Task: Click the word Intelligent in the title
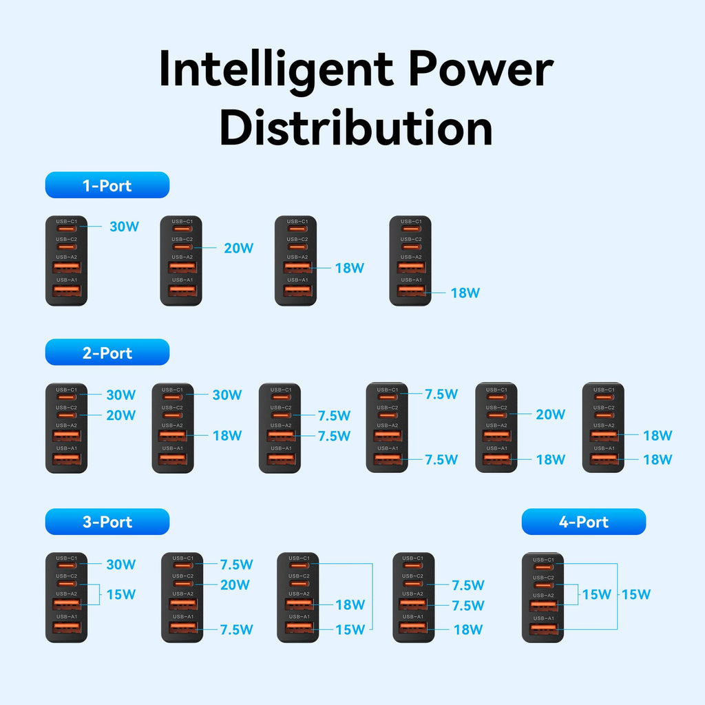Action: pos(275,69)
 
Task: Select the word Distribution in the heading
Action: pos(356,127)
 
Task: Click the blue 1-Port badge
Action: pos(107,185)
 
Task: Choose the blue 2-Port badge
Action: pos(107,352)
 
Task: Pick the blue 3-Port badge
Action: pos(107,522)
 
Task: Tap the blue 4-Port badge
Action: pos(583,522)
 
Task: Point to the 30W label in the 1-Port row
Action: pos(124,226)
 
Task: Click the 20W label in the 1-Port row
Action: pos(238,248)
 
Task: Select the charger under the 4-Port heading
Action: pos(543,598)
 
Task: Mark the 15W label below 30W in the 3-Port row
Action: pos(120,594)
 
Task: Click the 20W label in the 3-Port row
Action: pos(235,585)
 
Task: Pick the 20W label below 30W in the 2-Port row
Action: pos(120,415)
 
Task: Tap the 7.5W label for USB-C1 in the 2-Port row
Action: pos(441,394)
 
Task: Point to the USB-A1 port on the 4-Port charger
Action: pos(543,629)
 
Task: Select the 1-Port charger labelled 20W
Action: pos(181,261)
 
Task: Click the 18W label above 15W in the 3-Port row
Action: pos(350,604)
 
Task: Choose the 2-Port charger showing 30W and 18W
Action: pos(172,428)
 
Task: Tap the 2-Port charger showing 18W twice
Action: pos(603,428)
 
